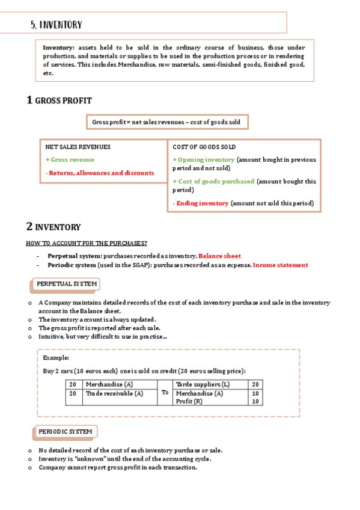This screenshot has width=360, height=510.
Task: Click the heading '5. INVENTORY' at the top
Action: (x=56, y=25)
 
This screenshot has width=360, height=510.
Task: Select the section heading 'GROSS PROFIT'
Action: (x=63, y=101)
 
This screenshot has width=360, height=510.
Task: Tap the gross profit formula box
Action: (x=166, y=122)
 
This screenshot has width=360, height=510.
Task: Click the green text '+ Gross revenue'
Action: (x=70, y=159)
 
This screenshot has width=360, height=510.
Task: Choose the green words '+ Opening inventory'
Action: (x=203, y=159)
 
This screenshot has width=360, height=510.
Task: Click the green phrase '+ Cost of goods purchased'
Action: (x=213, y=181)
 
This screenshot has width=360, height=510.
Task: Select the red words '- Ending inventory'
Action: (x=201, y=203)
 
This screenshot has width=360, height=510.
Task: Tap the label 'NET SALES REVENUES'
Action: (x=78, y=147)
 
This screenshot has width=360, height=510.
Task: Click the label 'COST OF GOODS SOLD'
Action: (x=204, y=147)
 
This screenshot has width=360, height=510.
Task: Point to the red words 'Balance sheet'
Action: (x=219, y=256)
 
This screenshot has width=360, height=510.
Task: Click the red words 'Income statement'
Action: (x=281, y=265)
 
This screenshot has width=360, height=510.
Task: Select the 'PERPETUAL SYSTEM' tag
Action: (x=66, y=284)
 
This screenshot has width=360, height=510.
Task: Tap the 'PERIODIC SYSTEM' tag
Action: (x=65, y=431)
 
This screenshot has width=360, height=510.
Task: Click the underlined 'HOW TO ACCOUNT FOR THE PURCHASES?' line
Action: (x=86, y=243)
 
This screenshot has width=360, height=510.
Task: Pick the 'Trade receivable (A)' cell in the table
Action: (x=114, y=393)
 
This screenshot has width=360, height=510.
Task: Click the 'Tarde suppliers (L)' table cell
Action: (x=203, y=384)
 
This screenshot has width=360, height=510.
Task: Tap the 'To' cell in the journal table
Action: (x=165, y=393)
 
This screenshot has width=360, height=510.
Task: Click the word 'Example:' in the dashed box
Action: (x=56, y=358)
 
